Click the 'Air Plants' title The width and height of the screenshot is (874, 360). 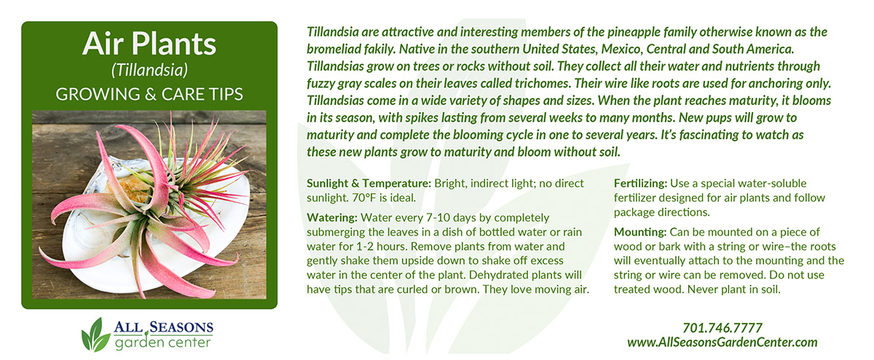click(149, 44)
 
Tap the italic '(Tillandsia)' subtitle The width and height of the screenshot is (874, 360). click(149, 70)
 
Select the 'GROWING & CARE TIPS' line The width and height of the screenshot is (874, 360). click(149, 94)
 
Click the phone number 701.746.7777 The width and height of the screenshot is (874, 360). click(723, 328)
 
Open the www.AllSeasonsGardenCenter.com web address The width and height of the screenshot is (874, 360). click(723, 343)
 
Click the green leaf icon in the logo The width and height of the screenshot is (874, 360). click(95, 334)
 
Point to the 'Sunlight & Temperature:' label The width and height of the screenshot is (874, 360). click(369, 184)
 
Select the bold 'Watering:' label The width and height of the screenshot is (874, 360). click(332, 218)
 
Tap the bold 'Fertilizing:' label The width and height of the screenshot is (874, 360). click(640, 184)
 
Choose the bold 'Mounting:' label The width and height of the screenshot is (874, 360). click(640, 232)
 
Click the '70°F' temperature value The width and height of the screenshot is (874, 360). click(364, 198)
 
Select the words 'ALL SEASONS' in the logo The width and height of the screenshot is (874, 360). click(163, 327)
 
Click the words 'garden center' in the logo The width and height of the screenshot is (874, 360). click(162, 343)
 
